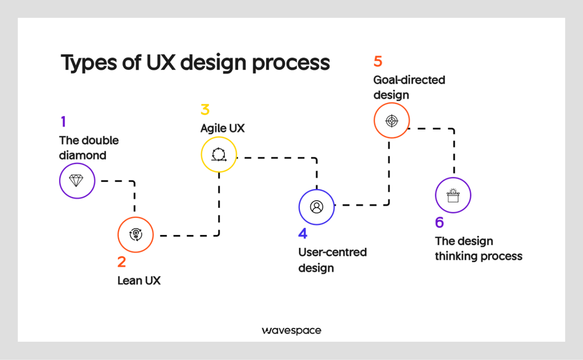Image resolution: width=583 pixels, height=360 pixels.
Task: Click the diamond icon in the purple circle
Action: (77, 181)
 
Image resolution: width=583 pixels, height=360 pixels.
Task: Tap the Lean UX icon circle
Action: (135, 235)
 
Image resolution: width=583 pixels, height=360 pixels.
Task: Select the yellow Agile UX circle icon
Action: (219, 154)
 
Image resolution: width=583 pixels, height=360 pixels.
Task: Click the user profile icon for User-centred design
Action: (316, 207)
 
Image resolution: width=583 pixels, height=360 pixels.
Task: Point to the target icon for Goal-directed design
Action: (391, 121)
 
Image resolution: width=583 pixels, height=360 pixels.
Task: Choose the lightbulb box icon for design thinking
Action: (453, 195)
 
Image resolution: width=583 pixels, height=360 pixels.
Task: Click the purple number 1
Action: (63, 122)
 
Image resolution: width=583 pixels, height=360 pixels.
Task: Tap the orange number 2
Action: (121, 262)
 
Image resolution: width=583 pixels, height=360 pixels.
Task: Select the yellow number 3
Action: (205, 109)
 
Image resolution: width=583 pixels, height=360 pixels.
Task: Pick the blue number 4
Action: (303, 233)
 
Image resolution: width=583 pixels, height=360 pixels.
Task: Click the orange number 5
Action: (378, 61)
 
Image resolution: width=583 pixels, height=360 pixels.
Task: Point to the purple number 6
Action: (439, 222)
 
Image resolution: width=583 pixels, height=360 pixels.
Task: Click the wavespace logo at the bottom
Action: (291, 331)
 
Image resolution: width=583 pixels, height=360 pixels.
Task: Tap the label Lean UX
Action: (139, 281)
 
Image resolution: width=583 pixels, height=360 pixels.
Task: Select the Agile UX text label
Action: (223, 128)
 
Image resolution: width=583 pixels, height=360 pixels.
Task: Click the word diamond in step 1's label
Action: (83, 155)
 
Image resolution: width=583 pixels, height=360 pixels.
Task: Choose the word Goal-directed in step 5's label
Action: (409, 80)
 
